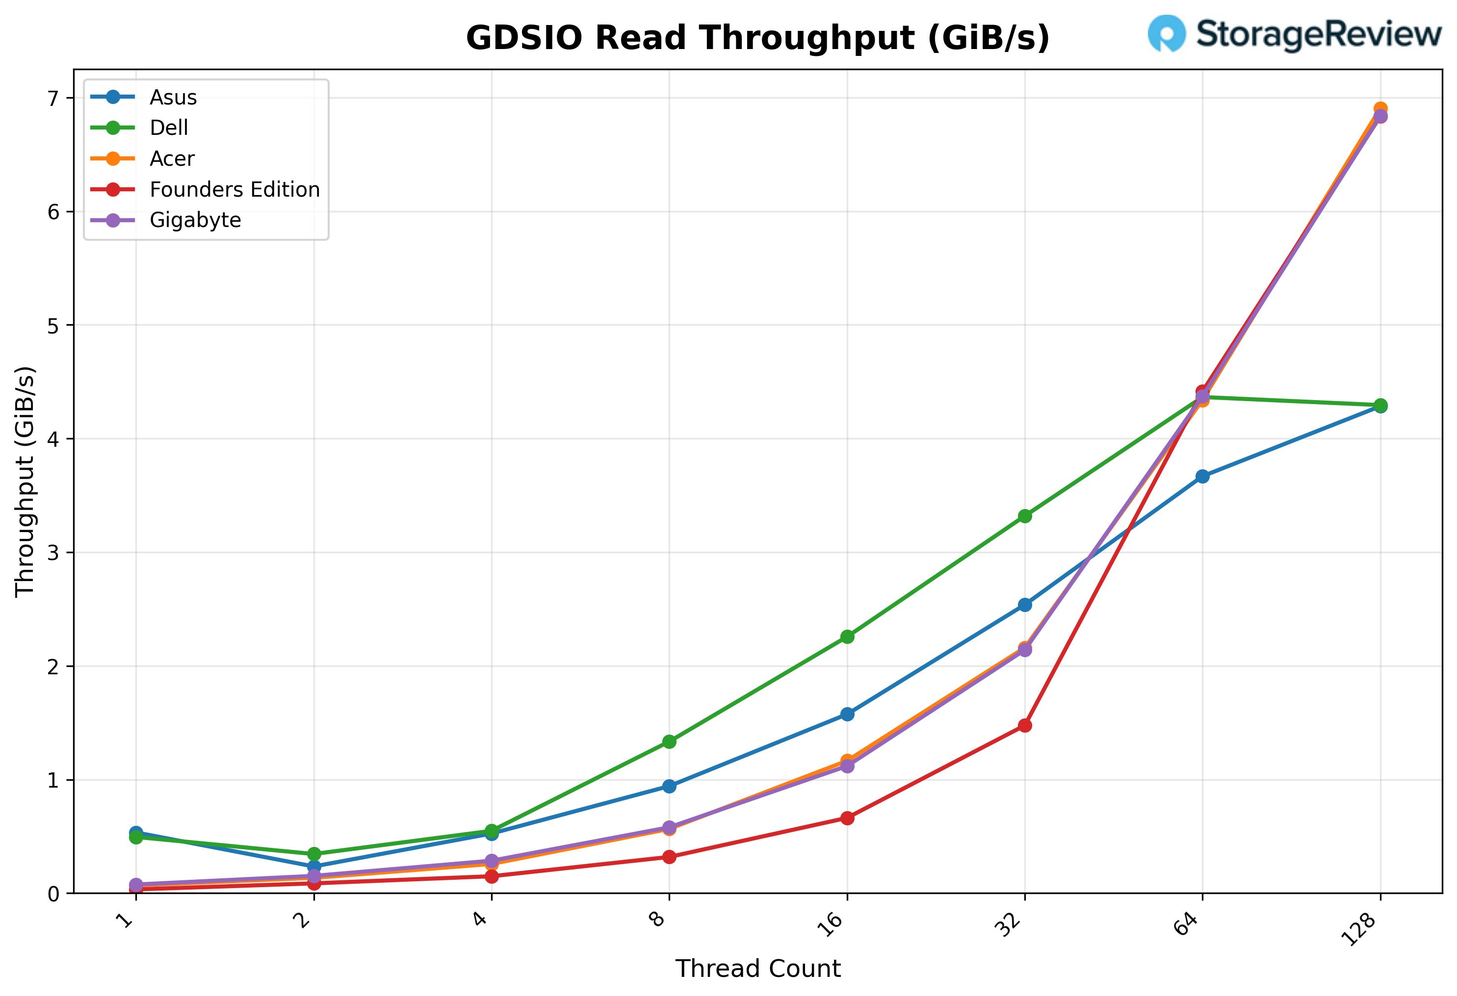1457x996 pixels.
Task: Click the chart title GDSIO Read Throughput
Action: coord(757,38)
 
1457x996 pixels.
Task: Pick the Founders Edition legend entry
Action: coord(234,189)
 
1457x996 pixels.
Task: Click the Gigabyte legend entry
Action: coord(195,220)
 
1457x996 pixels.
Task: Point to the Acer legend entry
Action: coord(172,158)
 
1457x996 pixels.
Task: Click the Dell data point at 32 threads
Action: coord(1025,516)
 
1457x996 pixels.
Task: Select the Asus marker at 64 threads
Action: coord(1202,476)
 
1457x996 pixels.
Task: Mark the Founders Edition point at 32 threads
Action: coord(1025,725)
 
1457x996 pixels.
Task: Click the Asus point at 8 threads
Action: coord(670,786)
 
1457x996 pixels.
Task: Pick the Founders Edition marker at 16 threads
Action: coord(847,818)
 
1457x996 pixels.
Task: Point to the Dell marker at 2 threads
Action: coord(314,854)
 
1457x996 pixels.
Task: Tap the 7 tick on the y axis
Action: coord(52,99)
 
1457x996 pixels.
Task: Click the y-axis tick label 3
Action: coord(52,553)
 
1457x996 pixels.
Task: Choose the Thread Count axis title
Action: coord(757,969)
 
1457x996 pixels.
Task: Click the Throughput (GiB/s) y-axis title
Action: coord(25,482)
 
